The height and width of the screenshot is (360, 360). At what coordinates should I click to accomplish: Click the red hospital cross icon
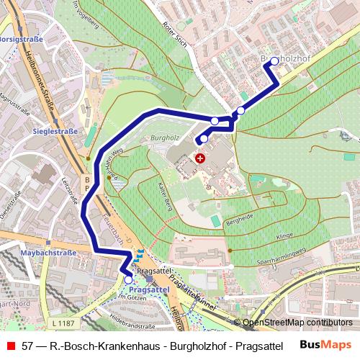click(x=199, y=156)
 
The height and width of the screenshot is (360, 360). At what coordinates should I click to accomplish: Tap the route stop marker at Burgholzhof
click(x=274, y=61)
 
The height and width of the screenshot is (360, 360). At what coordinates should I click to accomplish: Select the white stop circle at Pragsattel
click(x=128, y=279)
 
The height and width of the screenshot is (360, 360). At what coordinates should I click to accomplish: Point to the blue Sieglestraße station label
click(x=55, y=132)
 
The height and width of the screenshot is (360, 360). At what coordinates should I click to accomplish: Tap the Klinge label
click(x=285, y=235)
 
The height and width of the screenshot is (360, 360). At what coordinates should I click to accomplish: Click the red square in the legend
click(x=9, y=346)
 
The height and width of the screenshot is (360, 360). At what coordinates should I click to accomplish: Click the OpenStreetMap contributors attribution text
click(x=297, y=323)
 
